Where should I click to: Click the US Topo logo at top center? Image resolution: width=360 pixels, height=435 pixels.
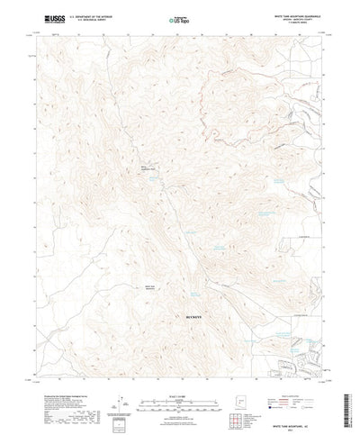(178, 17)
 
